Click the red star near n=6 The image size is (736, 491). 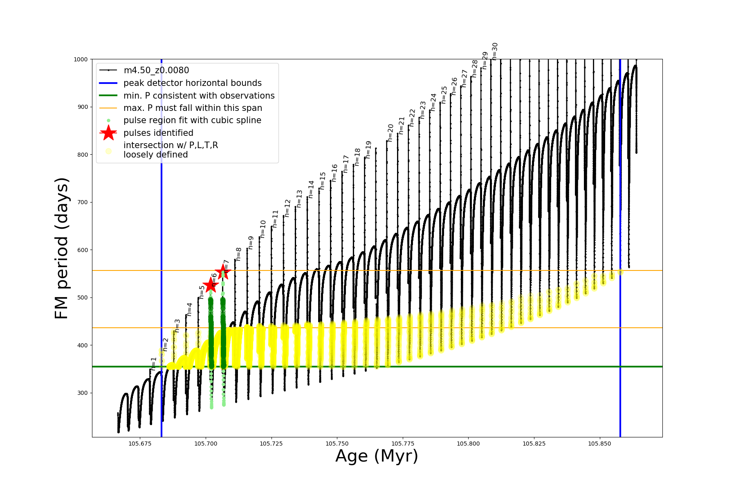point(211,285)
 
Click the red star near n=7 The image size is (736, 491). point(223,271)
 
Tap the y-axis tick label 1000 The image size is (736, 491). point(81,59)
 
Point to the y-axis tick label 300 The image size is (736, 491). point(82,393)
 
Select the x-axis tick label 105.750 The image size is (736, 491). point(337,444)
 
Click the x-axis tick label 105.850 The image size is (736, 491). point(600,444)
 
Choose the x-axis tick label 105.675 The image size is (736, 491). point(140,444)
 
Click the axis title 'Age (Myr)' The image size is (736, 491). point(377,456)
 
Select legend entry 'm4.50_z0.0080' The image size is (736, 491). point(156,70)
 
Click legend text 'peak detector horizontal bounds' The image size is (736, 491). point(193,83)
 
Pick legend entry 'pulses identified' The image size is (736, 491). point(158,133)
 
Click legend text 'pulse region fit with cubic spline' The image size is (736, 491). point(192,120)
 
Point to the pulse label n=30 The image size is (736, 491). point(495,51)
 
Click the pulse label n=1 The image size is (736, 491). point(154,363)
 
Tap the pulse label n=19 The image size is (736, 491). point(368,150)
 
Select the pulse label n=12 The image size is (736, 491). point(287,208)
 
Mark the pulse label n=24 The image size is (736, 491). point(433,102)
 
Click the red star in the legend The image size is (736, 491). point(108,133)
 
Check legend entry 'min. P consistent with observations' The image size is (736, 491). point(199,96)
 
